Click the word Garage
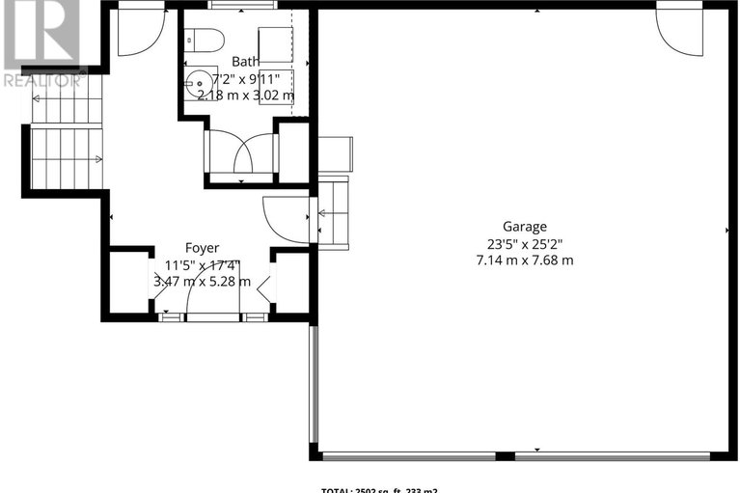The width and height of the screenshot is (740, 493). click(x=524, y=227)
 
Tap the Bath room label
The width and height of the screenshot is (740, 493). click(x=245, y=61)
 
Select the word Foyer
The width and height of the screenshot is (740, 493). click(x=202, y=248)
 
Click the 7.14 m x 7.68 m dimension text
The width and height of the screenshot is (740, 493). click(x=524, y=260)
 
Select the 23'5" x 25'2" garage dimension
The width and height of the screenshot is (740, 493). click(x=524, y=243)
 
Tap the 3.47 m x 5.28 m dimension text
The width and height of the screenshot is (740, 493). click(x=202, y=282)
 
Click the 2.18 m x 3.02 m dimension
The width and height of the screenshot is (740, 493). click(x=245, y=95)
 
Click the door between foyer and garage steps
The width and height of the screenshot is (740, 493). click(x=284, y=220)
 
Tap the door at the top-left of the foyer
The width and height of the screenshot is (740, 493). click(x=139, y=31)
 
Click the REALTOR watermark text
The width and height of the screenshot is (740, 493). click(x=44, y=80)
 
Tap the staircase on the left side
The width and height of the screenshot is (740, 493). click(x=66, y=145)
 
